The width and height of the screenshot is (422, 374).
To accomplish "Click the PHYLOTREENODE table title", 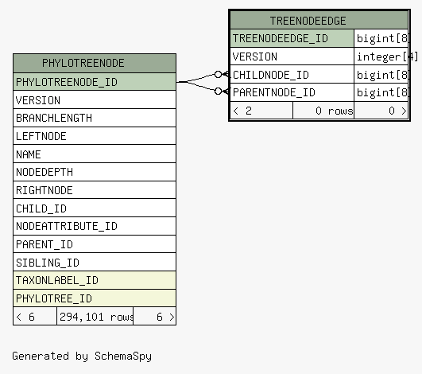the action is point(83,63).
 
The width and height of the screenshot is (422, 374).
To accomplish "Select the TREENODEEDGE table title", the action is point(308,21).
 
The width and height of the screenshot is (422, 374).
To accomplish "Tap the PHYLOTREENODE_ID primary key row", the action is point(95,82).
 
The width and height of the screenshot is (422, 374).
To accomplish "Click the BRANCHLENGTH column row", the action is point(95,118).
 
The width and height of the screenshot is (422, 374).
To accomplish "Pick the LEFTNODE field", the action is point(95,136).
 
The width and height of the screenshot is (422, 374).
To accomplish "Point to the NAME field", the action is point(95,154).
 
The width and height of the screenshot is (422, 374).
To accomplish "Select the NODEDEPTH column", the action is point(95,172).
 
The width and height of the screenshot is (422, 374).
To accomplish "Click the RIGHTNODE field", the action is point(95,190).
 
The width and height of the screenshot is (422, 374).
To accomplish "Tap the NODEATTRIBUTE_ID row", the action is point(95,226).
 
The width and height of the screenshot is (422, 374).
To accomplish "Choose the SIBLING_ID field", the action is point(95,263).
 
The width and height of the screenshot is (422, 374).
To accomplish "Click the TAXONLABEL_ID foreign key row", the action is point(95,280).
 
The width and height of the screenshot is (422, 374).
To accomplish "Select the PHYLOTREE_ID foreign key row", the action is point(95,298).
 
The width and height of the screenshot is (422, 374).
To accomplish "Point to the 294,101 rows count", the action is point(96,317).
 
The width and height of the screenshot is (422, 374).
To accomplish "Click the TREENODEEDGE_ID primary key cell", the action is point(292,38).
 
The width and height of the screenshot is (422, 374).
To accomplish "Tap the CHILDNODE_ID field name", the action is point(271,75).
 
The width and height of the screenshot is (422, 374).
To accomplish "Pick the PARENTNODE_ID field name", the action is point(274,92).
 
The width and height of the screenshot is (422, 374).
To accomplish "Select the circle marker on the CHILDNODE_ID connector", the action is point(219,74).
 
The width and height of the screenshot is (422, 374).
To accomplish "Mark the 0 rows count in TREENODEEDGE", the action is point(334,111).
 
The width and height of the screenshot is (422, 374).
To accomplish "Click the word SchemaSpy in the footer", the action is point(123,356).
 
